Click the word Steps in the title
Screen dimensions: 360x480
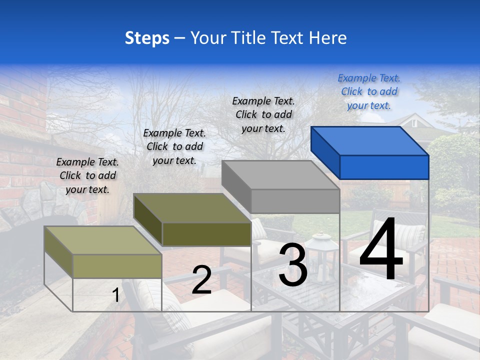[x=147, y=38]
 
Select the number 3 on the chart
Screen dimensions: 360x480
[x=292, y=265]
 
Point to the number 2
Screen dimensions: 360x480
[x=201, y=280]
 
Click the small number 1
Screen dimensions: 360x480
[x=116, y=295]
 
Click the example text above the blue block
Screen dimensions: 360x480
[x=369, y=91]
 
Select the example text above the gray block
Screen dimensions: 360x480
[x=263, y=114]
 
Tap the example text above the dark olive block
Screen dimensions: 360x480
[x=174, y=146]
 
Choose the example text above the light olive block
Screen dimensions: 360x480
[x=87, y=175]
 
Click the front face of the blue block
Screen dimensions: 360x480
[x=384, y=167]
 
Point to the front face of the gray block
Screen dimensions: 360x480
[x=295, y=201]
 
